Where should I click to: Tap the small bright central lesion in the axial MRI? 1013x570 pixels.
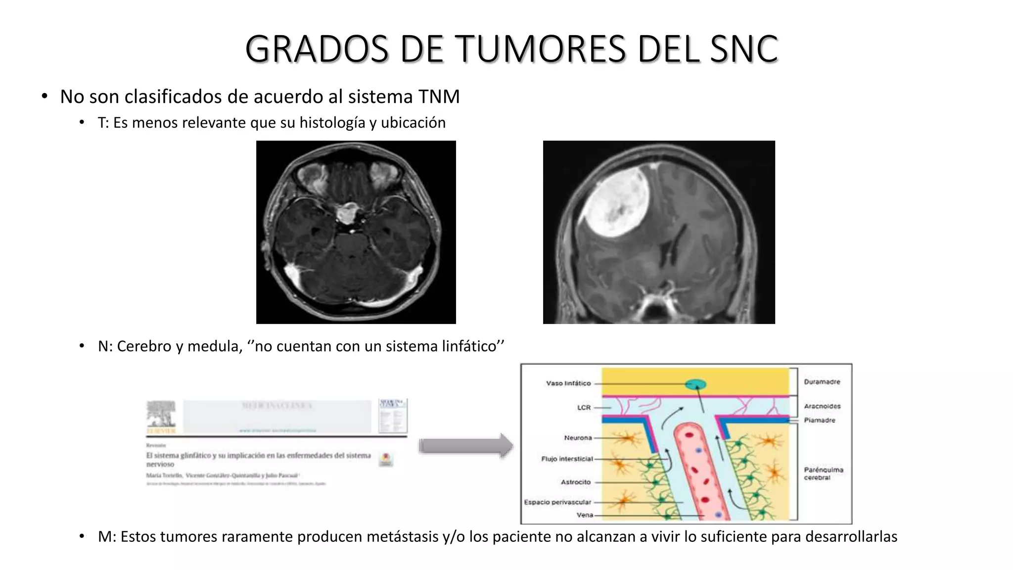click(x=350, y=213)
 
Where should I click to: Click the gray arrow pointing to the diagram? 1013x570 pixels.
click(x=465, y=446)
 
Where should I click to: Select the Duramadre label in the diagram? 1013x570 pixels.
click(x=822, y=382)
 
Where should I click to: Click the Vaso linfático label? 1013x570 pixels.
click(x=568, y=383)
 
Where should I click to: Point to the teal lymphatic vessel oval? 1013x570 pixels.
click(x=695, y=384)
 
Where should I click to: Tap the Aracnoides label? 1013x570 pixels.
click(x=822, y=406)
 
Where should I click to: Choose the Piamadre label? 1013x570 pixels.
click(x=819, y=420)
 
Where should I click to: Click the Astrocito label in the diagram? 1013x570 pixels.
click(x=576, y=482)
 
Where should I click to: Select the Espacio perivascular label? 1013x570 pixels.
click(x=557, y=502)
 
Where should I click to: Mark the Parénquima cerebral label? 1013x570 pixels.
click(x=823, y=474)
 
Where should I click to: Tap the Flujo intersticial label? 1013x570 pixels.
click(x=567, y=459)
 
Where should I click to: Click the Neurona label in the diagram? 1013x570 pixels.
click(x=578, y=438)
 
